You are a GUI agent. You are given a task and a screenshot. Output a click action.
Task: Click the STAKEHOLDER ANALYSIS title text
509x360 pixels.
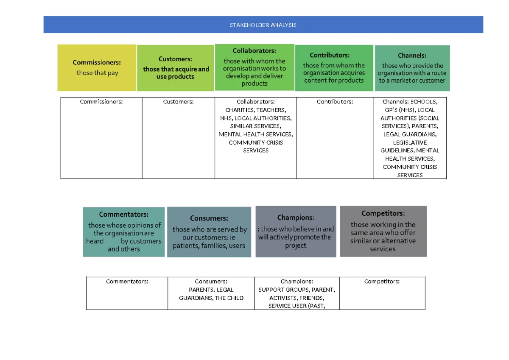click(263, 25)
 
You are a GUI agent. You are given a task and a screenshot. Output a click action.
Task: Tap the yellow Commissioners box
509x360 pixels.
click(97, 68)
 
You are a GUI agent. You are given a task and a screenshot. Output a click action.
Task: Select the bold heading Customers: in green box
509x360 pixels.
click(175, 59)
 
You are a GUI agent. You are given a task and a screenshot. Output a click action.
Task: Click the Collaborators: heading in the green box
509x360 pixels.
click(254, 50)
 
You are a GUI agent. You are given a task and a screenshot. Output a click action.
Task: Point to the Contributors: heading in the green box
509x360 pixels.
click(330, 55)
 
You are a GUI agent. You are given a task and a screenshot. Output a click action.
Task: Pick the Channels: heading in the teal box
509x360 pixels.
click(412, 56)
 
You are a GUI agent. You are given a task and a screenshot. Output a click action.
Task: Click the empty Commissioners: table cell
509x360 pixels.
click(101, 138)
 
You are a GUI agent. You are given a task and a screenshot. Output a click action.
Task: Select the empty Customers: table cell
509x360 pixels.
click(179, 138)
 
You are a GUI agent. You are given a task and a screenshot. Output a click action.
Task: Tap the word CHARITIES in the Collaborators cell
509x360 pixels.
click(239, 110)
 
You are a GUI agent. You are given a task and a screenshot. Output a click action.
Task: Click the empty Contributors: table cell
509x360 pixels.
click(335, 138)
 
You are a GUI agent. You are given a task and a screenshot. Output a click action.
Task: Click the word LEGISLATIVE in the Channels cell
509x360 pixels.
click(410, 142)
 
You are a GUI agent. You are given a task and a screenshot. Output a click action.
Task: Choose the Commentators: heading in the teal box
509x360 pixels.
click(123, 214)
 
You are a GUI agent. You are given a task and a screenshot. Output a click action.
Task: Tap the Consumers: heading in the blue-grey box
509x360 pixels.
click(209, 218)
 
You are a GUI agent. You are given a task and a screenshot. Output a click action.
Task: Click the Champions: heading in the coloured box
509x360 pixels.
click(296, 218)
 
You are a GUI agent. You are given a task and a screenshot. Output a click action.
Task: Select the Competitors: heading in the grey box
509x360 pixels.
click(383, 213)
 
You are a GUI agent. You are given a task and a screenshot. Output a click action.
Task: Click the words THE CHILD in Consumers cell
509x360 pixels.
click(229, 298)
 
